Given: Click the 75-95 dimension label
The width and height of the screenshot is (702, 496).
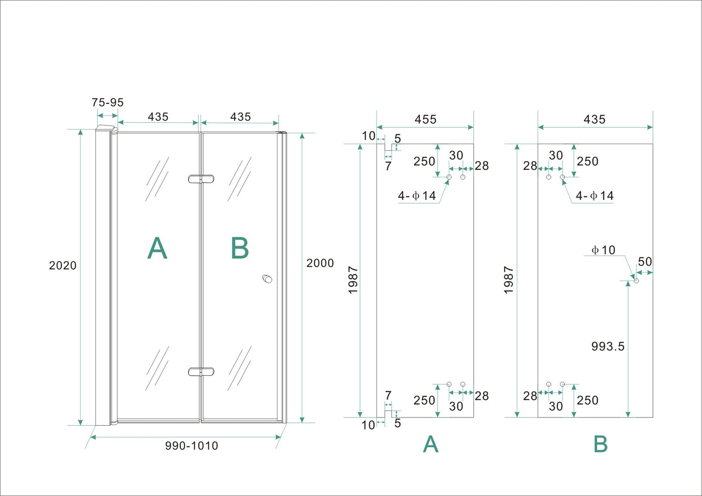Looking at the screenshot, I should (107, 102).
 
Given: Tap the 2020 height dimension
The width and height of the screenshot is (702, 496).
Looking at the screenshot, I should (63, 265).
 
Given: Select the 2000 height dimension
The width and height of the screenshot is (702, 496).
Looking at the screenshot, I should (320, 263).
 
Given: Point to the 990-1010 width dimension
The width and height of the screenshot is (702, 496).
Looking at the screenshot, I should (191, 446).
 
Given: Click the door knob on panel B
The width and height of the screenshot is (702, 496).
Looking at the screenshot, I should (267, 279).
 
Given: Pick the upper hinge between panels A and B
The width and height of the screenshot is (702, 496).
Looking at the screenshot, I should (201, 179).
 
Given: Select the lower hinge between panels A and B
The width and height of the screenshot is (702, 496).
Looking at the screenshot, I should (201, 372).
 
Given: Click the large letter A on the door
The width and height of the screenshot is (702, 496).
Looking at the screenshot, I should (157, 248).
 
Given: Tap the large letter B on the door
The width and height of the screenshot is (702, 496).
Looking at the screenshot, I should (240, 248).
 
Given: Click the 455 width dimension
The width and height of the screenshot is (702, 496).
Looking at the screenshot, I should (425, 119).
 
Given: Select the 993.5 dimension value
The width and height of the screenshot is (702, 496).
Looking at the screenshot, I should (607, 347).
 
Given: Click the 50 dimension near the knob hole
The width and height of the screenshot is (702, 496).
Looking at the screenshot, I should (645, 262).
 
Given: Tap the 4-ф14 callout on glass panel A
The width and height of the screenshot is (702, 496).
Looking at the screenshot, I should (417, 196).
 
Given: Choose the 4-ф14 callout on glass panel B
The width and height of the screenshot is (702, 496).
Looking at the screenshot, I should (595, 196).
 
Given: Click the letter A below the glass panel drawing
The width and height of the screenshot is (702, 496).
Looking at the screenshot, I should (430, 444).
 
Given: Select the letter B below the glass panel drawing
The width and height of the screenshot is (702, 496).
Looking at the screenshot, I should (600, 444).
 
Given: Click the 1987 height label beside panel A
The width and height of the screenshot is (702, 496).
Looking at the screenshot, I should (353, 280).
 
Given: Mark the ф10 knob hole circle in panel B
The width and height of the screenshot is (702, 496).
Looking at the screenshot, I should (636, 281).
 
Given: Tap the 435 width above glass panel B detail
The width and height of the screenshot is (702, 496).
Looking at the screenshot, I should (595, 119).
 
